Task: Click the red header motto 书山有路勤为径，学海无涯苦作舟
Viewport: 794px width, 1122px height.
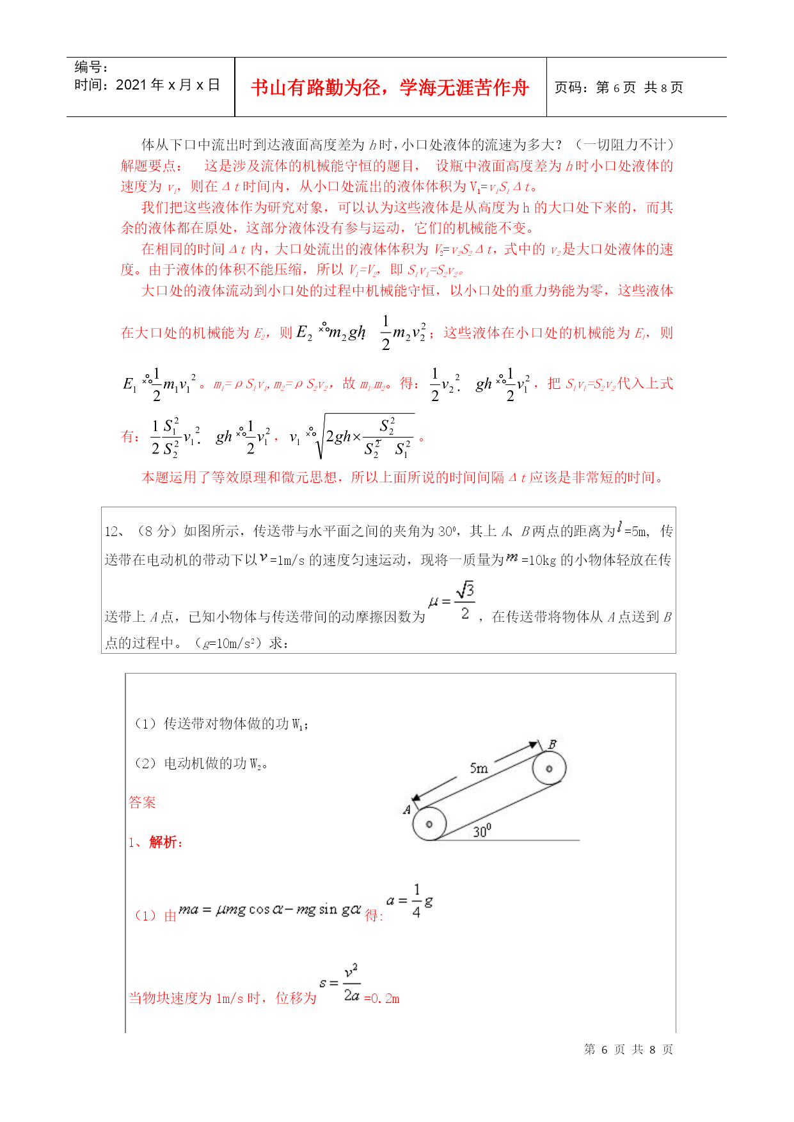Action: [390, 88]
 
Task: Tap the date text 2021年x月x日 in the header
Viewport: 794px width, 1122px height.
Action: [168, 85]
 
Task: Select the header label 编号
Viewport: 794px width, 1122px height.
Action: [91, 67]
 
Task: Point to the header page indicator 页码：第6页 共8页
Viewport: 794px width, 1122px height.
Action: [619, 88]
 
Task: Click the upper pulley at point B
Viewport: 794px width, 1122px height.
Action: [548, 768]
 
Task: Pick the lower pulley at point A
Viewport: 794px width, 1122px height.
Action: [429, 824]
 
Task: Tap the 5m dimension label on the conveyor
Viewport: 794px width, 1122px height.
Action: [479, 768]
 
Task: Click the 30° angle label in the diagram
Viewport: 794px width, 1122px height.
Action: [482, 831]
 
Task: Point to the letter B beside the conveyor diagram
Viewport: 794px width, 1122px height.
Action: [552, 745]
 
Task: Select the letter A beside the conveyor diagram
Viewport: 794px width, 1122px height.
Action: [407, 810]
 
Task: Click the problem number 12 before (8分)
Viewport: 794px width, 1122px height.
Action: [113, 532]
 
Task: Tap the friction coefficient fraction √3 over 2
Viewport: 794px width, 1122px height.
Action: [464, 601]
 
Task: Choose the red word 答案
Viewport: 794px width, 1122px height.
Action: [142, 802]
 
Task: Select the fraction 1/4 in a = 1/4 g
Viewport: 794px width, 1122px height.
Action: [417, 901]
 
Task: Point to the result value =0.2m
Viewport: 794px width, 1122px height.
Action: [382, 999]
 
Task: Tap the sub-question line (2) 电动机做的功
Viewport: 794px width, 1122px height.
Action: [201, 763]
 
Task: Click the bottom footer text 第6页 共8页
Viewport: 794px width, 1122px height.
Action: [628, 1050]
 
